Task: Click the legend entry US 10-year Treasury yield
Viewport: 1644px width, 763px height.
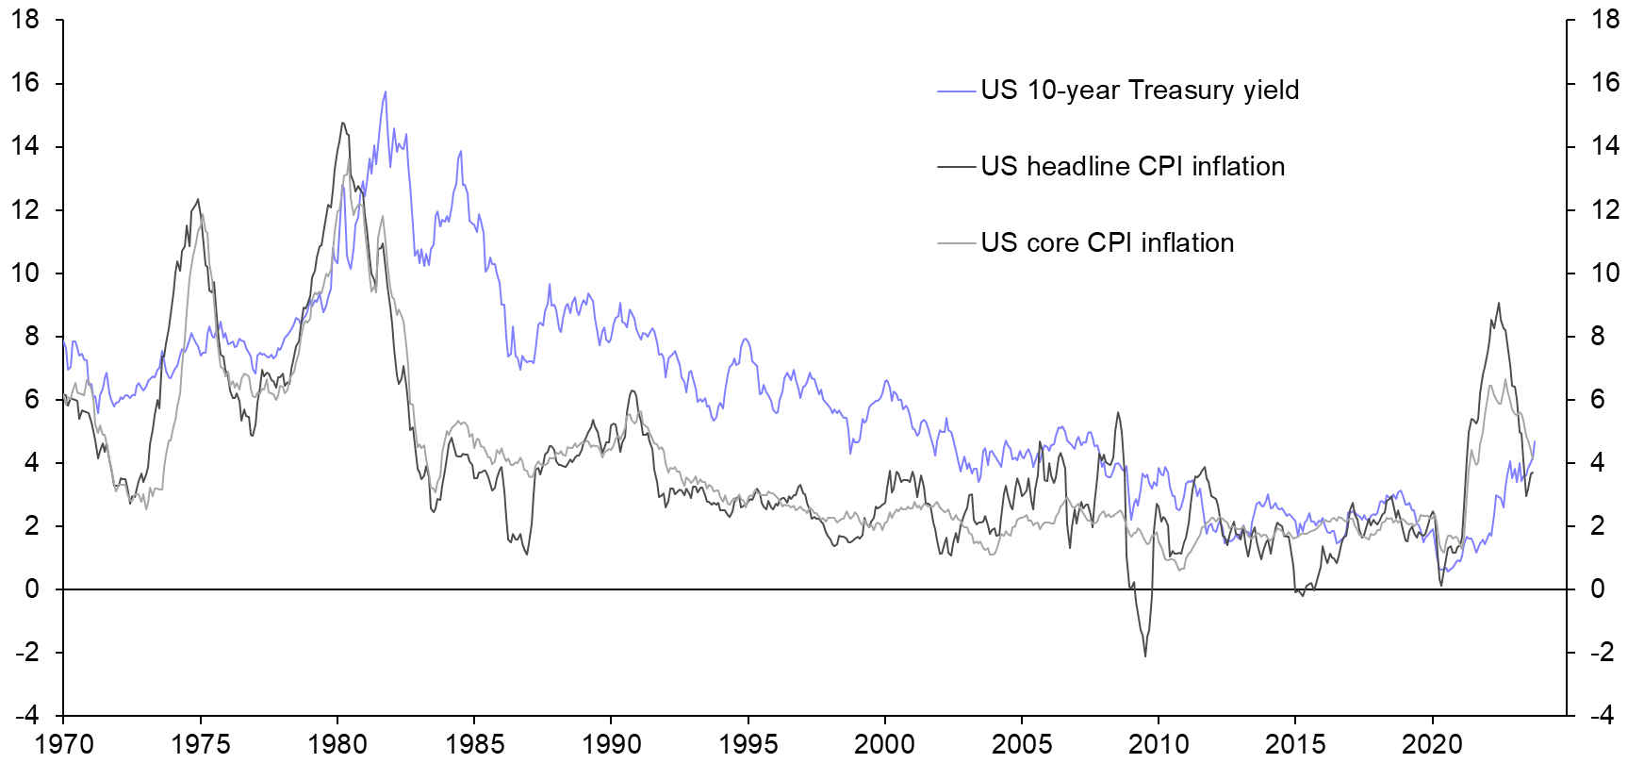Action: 1139,91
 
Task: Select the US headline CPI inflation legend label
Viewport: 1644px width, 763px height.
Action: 1132,167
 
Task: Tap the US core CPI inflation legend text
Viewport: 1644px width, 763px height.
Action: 1107,243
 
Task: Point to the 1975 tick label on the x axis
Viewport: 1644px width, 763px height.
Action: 200,744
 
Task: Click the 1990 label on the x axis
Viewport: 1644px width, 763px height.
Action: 611,744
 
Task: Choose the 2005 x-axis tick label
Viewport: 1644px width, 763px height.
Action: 1022,744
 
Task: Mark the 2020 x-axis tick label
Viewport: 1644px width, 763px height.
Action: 1432,744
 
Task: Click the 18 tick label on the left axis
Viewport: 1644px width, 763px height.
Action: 25,19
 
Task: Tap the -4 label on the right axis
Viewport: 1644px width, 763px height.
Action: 1601,716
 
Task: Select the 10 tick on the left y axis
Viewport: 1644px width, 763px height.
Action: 25,274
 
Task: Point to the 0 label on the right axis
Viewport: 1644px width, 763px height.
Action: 1597,589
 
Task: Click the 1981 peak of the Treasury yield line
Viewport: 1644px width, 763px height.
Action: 385,92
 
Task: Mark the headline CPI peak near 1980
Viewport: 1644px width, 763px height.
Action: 342,123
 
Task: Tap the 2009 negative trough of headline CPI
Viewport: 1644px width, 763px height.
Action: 1145,655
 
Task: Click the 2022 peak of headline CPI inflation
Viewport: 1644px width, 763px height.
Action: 1499,304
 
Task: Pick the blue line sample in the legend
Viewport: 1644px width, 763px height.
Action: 956,91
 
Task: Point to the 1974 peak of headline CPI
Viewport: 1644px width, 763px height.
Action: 197,200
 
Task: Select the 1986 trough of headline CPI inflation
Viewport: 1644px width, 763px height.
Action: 526,554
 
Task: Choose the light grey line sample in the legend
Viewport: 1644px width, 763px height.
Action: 956,243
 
